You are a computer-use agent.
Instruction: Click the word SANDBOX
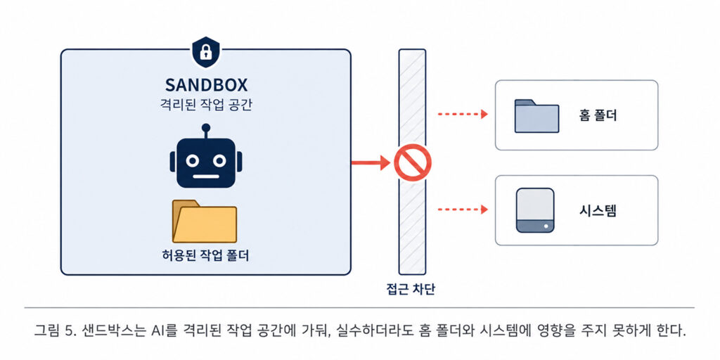(206, 85)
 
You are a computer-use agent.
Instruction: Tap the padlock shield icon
(206, 52)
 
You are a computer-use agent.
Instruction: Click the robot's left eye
(193, 161)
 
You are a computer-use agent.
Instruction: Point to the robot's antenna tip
(206, 127)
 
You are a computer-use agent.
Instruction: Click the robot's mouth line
(206, 175)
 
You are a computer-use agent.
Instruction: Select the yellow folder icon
(205, 221)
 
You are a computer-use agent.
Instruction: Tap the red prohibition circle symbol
(412, 162)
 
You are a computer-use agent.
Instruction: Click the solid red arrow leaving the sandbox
(371, 162)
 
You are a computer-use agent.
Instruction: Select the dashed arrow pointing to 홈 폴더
(463, 115)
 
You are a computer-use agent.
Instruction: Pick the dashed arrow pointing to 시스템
(463, 210)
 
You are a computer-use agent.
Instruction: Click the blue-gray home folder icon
(536, 116)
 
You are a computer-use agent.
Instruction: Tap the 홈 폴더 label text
(598, 116)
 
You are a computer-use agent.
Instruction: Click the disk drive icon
(535, 210)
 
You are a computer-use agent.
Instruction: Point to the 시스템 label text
(598, 211)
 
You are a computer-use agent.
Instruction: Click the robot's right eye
(219, 161)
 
